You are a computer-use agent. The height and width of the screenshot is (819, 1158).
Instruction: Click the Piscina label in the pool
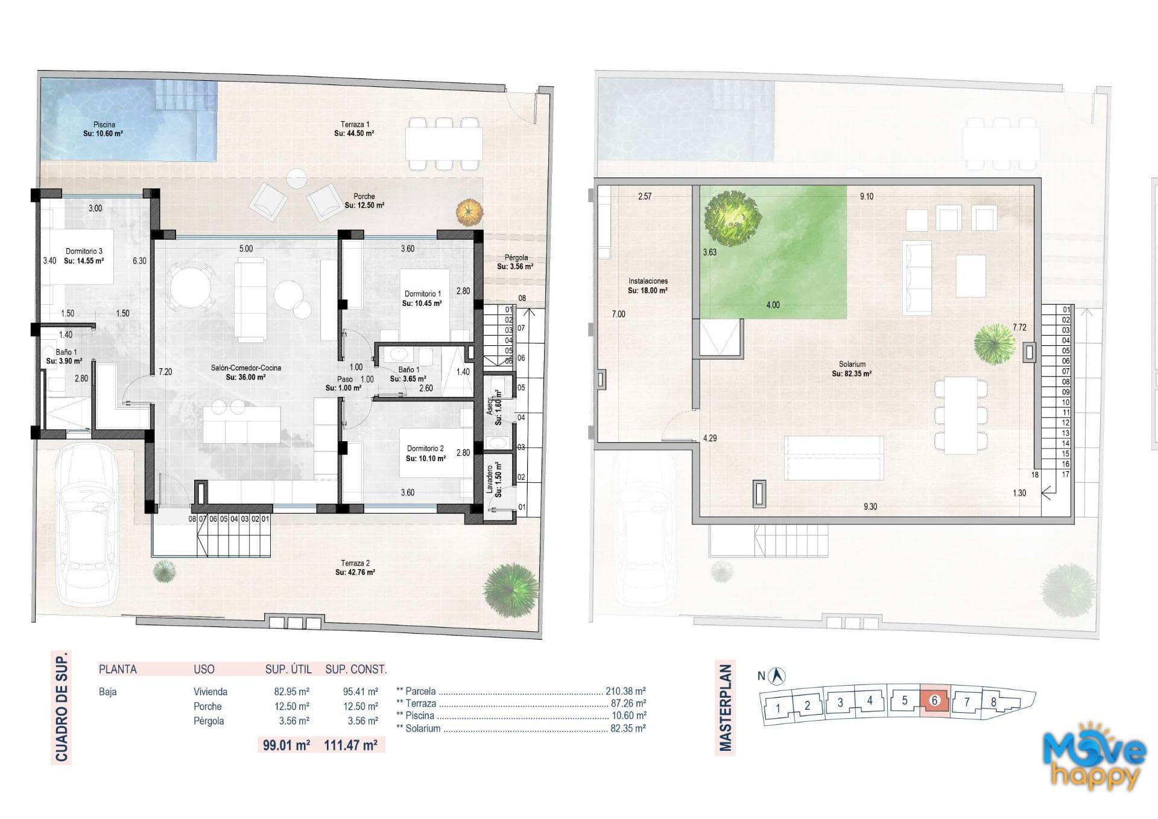104,124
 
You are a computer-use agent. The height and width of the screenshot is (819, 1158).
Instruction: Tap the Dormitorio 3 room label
84,251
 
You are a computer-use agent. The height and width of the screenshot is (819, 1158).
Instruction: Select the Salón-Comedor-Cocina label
245,368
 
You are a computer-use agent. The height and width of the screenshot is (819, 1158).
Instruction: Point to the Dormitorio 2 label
425,448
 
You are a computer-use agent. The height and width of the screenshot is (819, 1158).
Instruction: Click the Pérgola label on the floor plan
516,258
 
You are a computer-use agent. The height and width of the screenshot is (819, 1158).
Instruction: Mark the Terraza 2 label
355,563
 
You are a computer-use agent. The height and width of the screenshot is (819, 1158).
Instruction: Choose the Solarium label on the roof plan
852,364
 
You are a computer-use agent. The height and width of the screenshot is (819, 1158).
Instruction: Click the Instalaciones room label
648,281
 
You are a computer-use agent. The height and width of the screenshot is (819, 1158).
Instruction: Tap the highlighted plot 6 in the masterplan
935,701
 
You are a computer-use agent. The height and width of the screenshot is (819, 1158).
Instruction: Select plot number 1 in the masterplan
778,708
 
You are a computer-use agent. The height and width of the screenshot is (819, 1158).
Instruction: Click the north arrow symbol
779,676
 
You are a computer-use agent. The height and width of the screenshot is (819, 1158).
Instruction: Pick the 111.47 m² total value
351,745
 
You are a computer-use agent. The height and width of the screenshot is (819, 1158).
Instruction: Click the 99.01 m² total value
286,745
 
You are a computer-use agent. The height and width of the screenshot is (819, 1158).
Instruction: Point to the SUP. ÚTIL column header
288,669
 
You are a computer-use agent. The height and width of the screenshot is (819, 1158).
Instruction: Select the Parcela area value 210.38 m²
625,691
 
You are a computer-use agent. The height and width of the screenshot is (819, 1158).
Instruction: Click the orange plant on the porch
469,212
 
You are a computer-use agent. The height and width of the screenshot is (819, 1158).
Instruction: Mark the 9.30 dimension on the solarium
870,507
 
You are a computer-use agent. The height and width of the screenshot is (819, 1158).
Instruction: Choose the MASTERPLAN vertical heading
726,708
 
